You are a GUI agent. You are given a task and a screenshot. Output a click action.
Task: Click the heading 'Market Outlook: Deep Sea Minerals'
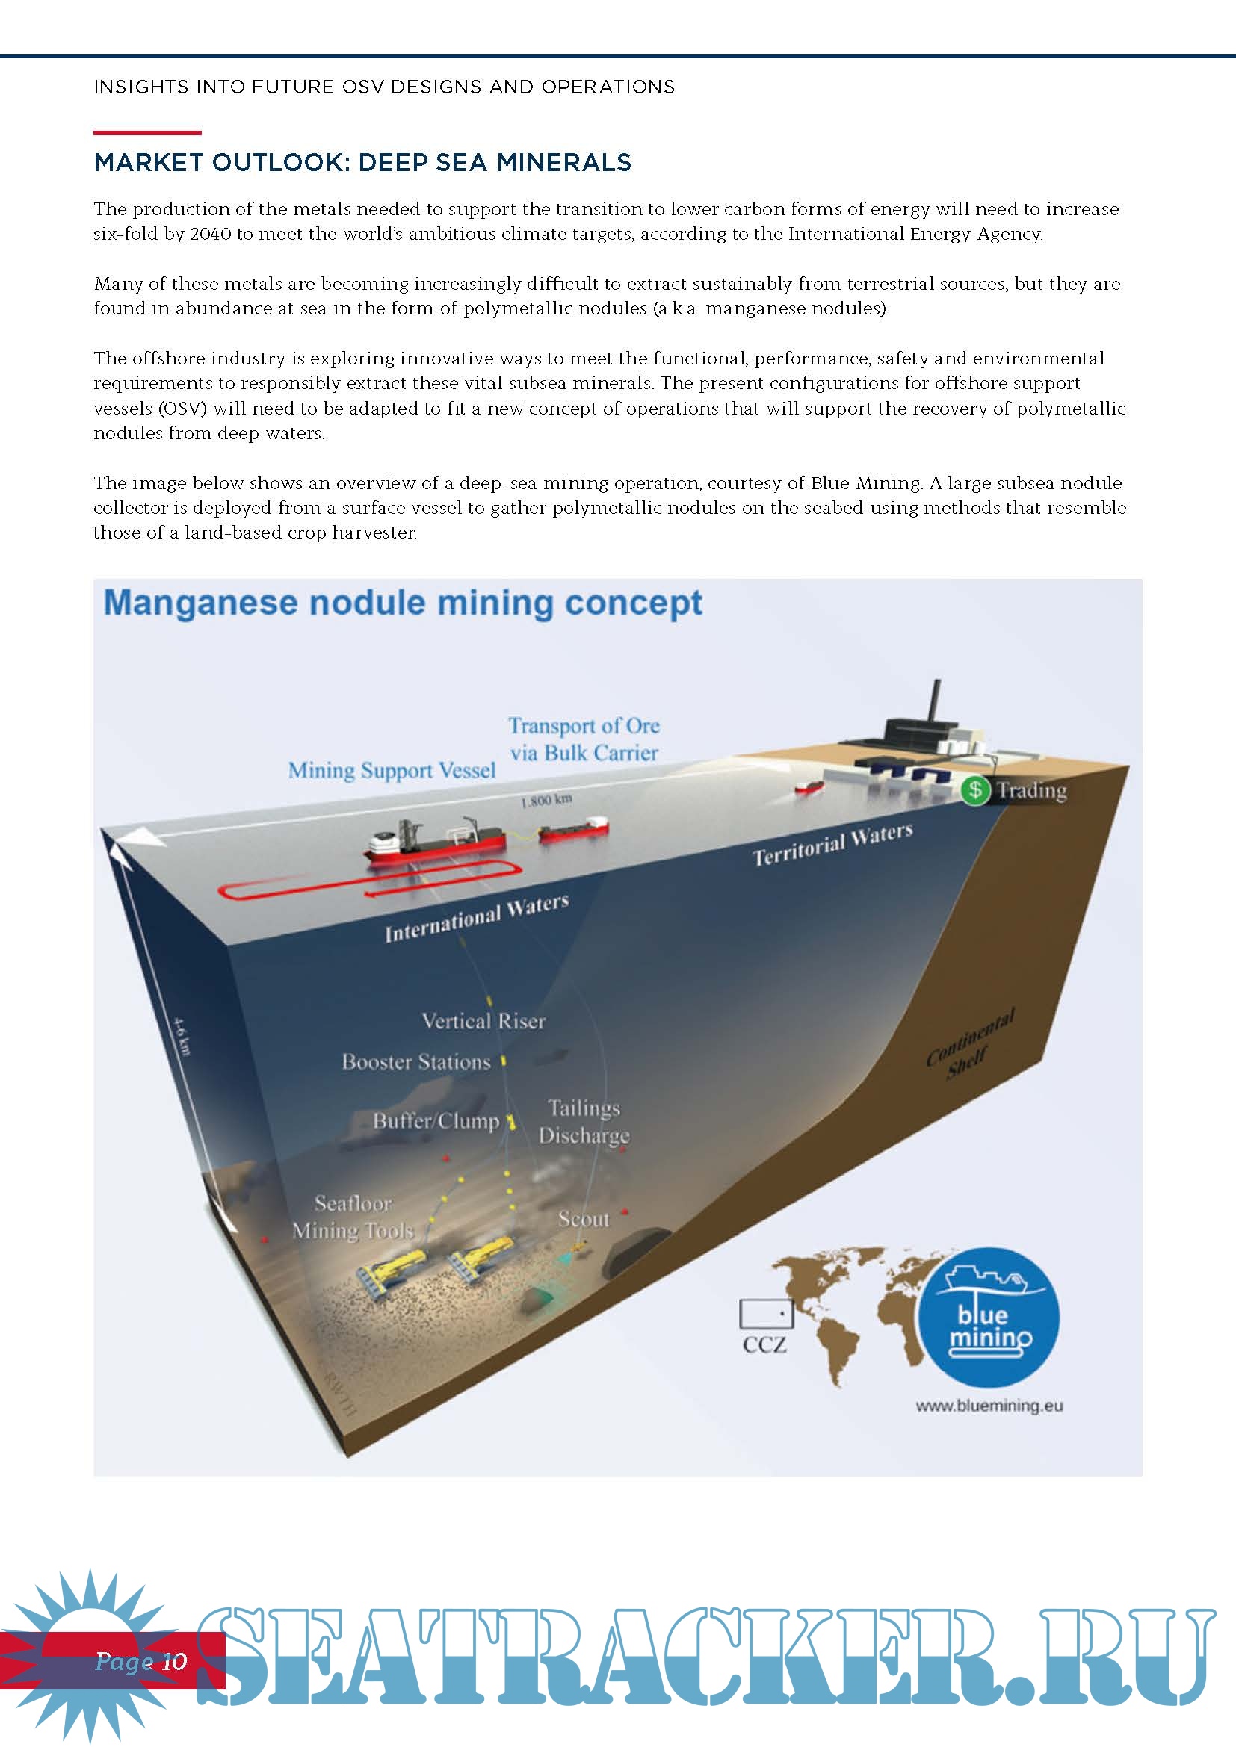coord(362,162)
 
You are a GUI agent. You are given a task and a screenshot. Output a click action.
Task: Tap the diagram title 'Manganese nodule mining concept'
coord(403,603)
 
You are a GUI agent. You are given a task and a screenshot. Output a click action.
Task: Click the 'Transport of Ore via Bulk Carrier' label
coord(584,739)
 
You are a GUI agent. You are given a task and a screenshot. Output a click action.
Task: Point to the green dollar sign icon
coord(975,789)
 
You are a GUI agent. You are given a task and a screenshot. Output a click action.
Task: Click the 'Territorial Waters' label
coord(832,844)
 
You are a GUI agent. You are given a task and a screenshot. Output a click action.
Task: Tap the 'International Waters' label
coord(477,919)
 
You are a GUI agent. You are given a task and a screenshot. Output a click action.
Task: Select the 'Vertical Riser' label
coord(483,1020)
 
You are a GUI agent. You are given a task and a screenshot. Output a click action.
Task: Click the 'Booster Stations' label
coord(415,1061)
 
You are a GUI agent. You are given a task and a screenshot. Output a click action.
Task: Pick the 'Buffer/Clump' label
coord(436,1121)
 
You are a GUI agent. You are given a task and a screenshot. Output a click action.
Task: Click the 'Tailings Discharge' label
coord(584,1122)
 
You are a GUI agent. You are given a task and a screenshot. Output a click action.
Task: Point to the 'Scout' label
coord(584,1219)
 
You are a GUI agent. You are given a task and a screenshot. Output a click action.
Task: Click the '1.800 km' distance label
coord(546,801)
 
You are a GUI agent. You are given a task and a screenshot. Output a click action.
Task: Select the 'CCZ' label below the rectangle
coord(764,1345)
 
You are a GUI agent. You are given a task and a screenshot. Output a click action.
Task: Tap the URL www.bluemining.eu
coord(989,1406)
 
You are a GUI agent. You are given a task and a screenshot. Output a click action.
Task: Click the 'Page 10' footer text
coord(140,1661)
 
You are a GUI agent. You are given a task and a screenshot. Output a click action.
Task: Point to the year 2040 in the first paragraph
coord(210,234)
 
